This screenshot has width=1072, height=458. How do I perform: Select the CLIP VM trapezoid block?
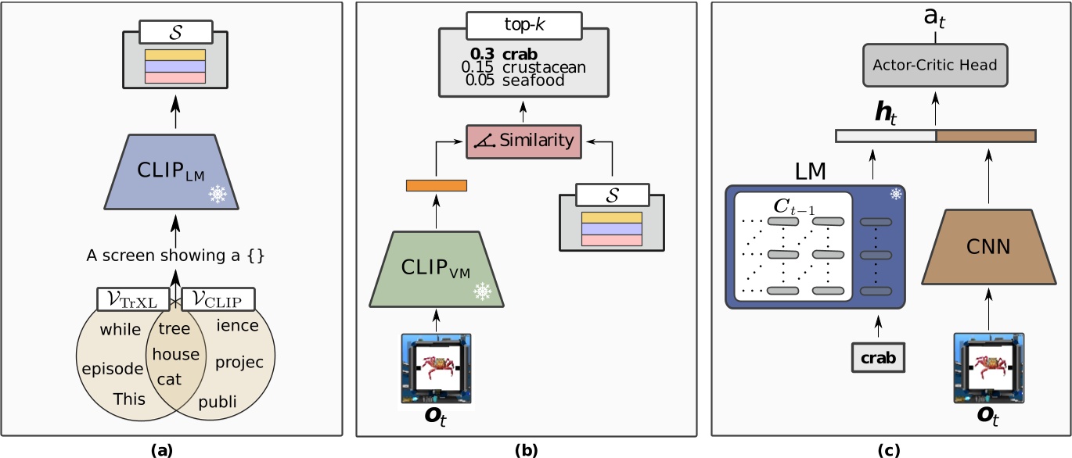437,270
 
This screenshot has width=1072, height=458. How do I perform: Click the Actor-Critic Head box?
935,66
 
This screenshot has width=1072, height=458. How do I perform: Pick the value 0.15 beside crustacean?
478,67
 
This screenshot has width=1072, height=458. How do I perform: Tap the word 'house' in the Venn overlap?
175,355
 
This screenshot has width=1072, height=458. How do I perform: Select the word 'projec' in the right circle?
239,363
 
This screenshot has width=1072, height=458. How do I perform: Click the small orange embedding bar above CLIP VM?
436,185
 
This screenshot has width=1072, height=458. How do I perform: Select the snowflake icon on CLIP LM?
218,195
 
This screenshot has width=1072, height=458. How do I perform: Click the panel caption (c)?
889,449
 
